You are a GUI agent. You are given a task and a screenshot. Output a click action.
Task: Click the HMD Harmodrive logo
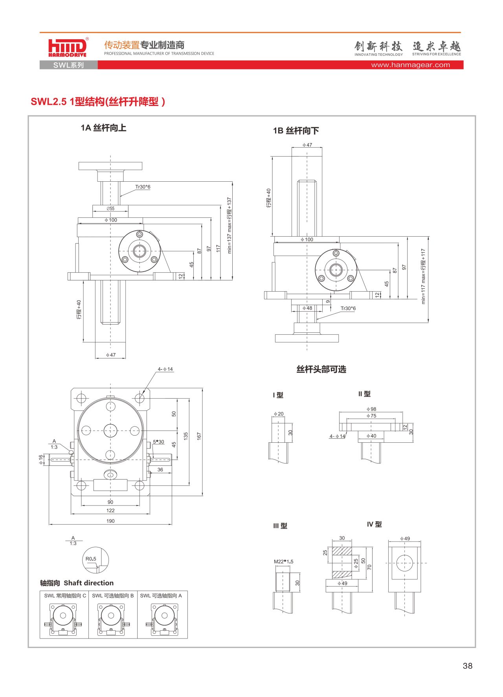[67, 48]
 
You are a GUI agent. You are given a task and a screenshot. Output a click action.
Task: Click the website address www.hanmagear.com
[410, 65]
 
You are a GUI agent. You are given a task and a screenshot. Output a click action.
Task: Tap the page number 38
[467, 666]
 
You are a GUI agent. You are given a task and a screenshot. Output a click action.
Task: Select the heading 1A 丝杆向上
[103, 128]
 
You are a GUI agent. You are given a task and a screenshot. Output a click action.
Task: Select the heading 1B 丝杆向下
[296, 131]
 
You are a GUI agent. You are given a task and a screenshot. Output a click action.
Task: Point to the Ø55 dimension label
[110, 209]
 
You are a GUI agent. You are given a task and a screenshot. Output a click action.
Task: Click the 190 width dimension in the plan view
[110, 521]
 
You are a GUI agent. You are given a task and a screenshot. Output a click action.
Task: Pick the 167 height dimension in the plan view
[199, 436]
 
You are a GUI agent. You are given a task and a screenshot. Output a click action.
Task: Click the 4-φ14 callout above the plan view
[165, 369]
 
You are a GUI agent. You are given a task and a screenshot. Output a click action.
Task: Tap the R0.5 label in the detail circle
[91, 559]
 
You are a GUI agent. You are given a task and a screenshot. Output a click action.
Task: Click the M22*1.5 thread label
[283, 562]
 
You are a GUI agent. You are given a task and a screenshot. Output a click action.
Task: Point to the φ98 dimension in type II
[371, 409]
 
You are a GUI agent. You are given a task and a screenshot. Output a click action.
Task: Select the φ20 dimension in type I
[279, 414]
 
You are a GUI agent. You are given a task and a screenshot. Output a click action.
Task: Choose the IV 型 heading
[374, 524]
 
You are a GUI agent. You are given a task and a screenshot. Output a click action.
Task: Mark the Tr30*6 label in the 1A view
[143, 187]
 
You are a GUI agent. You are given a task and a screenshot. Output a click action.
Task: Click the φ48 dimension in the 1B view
[307, 308]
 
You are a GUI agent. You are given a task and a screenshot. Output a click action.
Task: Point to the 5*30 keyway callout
[158, 442]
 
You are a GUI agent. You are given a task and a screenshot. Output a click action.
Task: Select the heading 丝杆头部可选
[321, 369]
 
